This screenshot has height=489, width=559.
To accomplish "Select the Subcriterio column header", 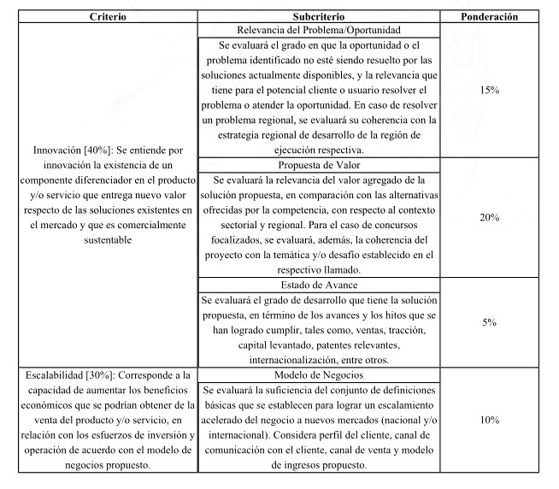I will coord(318,16).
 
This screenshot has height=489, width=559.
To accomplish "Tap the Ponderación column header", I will coord(489,16).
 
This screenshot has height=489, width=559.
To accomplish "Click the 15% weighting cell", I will coord(489,89).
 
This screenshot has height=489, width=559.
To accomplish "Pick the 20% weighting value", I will coord(489,217).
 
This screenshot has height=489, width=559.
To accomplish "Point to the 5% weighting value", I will coord(489,321).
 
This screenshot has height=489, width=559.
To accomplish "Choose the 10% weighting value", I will coord(489,420).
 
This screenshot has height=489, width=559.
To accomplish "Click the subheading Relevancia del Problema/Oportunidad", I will coord(318,29).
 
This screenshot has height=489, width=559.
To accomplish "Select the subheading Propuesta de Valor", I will coord(318,165).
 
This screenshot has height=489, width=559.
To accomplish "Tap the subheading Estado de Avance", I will coord(318,285).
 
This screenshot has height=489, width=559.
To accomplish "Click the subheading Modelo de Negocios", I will coord(318,374).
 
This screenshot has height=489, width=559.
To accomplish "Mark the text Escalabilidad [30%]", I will coord(68,375).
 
